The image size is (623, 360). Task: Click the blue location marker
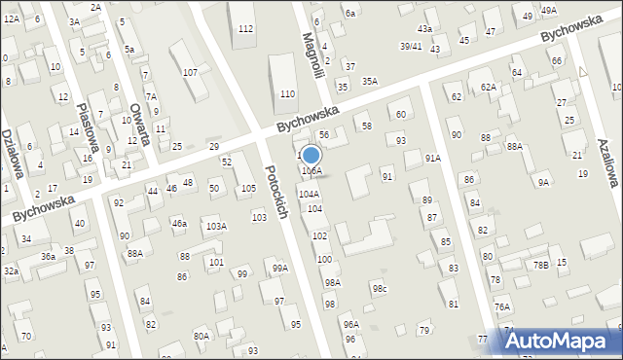click(x=311, y=156)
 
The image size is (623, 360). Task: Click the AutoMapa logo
click(x=564, y=341)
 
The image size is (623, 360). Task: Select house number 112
click(x=245, y=29)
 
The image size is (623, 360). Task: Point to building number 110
click(x=287, y=93)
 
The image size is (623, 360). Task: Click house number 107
click(x=191, y=73)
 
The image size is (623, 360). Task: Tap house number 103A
click(x=216, y=226)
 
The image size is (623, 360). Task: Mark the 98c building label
click(x=379, y=289)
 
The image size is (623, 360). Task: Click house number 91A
click(x=432, y=158)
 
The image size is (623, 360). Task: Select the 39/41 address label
click(x=411, y=46)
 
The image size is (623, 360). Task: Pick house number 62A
click(x=488, y=87)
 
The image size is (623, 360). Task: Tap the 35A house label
click(x=369, y=81)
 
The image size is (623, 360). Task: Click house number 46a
click(x=179, y=224)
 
